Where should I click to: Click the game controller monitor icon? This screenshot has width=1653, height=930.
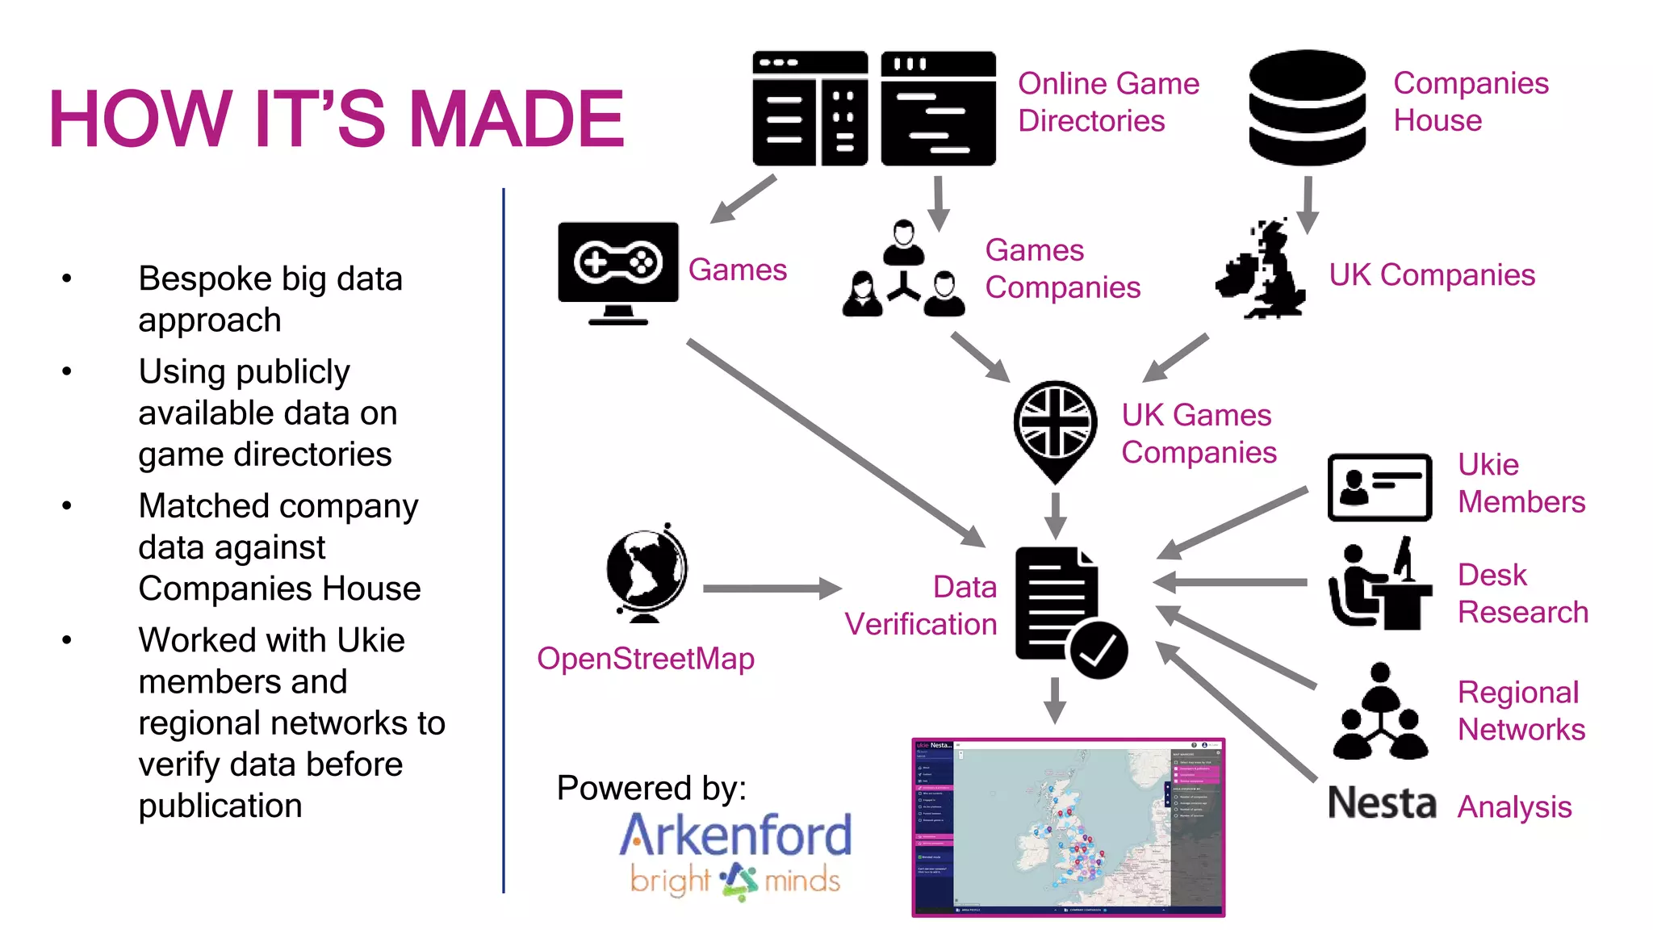tap(617, 270)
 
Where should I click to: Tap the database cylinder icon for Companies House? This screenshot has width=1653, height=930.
tap(1307, 107)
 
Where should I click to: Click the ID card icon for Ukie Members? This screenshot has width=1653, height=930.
tap(1379, 487)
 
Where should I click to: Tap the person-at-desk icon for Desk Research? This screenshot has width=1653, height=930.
tap(1379, 584)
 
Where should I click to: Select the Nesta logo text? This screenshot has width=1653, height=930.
tap(1382, 804)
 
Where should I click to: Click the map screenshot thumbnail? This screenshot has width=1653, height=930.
tap(1068, 827)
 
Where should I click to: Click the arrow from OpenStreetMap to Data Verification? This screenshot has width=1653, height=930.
tap(771, 589)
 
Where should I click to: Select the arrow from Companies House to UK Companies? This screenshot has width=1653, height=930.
tap(1308, 205)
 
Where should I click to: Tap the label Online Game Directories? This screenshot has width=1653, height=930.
tap(1107, 103)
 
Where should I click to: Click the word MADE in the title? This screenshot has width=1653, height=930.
tap(517, 119)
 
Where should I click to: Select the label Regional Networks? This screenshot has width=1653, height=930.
tap(1521, 710)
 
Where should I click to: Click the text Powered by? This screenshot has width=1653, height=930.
tap(651, 788)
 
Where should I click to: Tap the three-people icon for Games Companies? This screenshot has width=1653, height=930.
tap(903, 270)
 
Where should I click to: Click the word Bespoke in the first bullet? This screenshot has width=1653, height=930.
tap(205, 279)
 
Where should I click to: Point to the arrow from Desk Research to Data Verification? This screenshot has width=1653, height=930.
tap(1231, 581)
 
